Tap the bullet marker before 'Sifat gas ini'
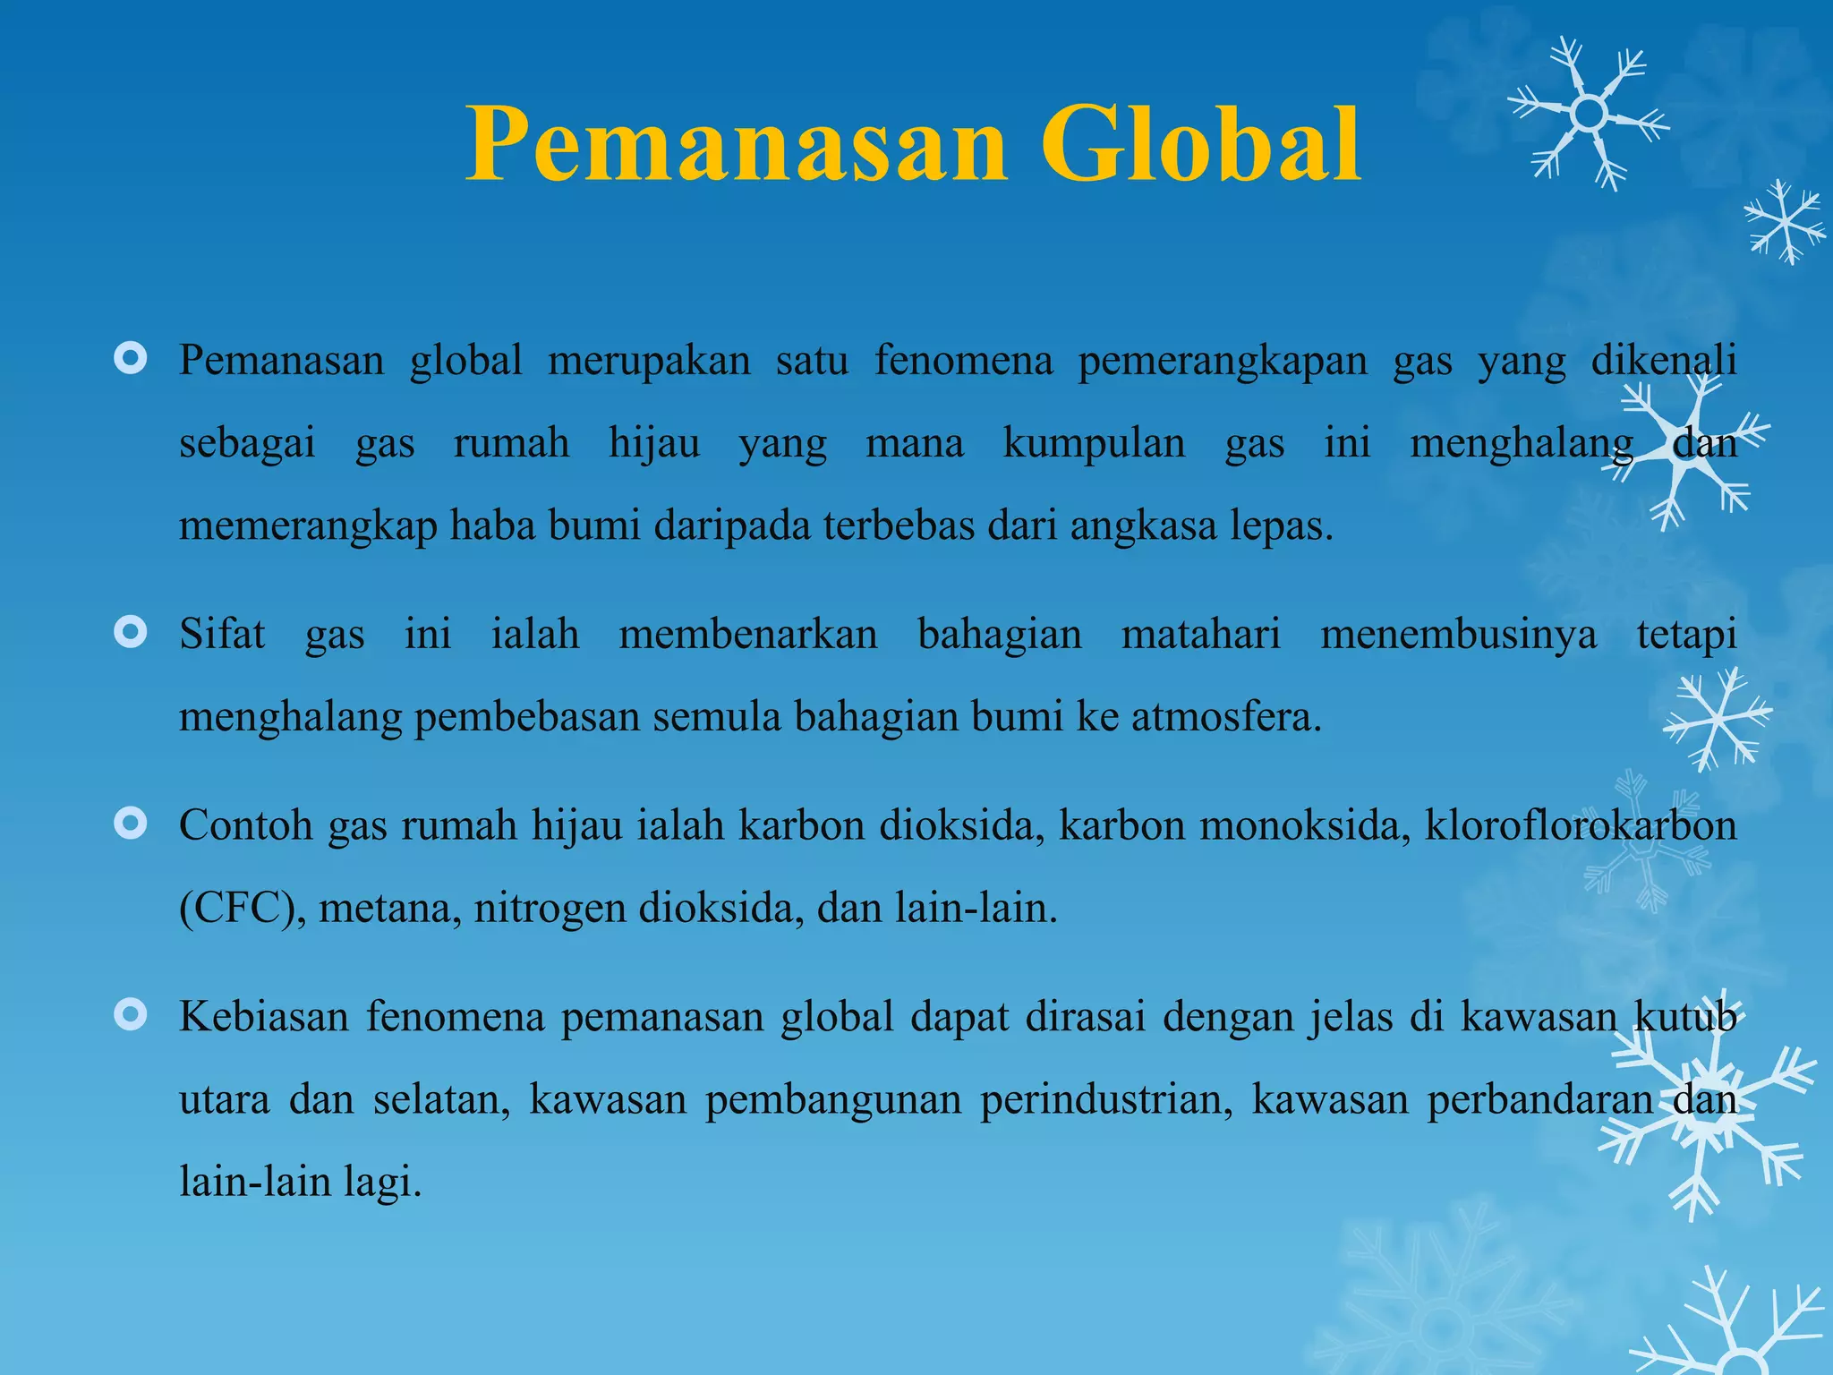pyautogui.click(x=131, y=634)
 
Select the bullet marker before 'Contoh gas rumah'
pyautogui.click(x=131, y=824)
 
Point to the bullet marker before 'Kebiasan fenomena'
pyautogui.click(x=131, y=1015)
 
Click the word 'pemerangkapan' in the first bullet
pyautogui.click(x=1223, y=361)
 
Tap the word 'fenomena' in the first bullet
pyautogui.click(x=963, y=361)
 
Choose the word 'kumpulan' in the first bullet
pyautogui.click(x=1094, y=443)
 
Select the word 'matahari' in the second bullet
pyautogui.click(x=1201, y=635)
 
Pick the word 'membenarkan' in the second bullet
pyautogui.click(x=748, y=635)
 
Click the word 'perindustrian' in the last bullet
pyautogui.click(x=1106, y=1099)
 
